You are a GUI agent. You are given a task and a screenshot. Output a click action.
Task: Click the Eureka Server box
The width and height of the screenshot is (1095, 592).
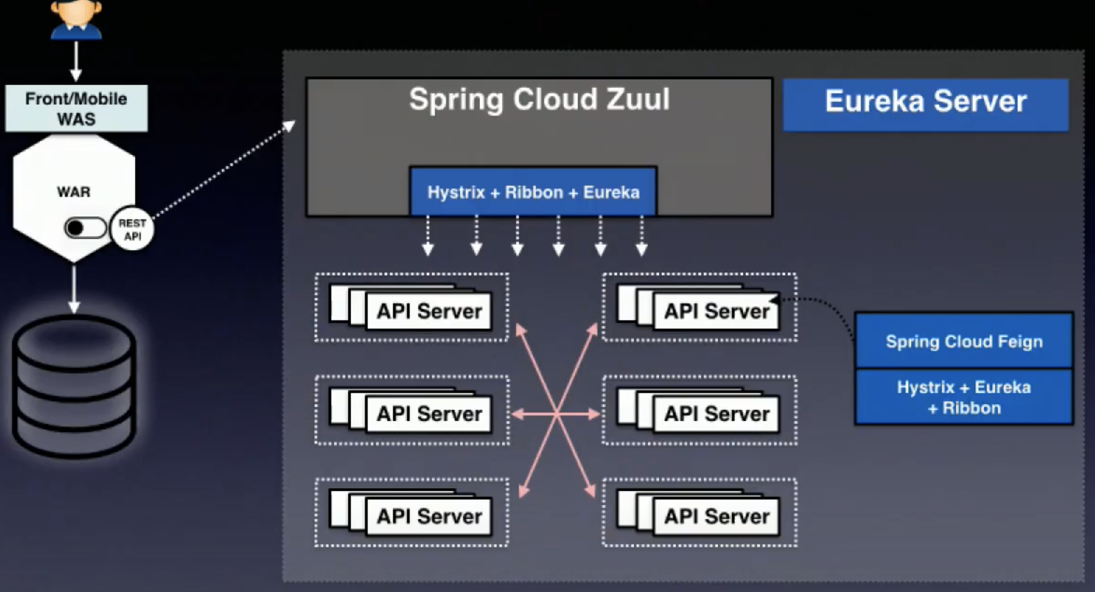(x=925, y=104)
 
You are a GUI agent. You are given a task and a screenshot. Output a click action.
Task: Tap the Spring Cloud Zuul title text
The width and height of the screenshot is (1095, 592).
(x=539, y=99)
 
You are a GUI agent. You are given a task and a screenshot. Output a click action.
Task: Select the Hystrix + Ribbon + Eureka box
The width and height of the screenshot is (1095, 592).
(x=533, y=192)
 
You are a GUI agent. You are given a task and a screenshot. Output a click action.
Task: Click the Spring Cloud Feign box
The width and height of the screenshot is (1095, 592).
(x=964, y=341)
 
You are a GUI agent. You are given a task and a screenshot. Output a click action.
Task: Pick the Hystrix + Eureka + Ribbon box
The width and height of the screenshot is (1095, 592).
(x=964, y=397)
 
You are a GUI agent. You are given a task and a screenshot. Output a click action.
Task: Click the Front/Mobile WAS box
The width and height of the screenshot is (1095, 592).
(x=76, y=108)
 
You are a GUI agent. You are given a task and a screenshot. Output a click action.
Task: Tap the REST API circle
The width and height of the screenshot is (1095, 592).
(x=132, y=229)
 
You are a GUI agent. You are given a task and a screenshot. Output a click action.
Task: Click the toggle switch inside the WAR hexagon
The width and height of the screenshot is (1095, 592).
(x=85, y=228)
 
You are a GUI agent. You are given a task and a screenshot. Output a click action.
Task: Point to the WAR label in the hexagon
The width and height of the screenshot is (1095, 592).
(x=74, y=192)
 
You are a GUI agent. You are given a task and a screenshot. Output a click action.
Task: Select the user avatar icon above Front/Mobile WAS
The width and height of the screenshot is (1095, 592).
(x=76, y=19)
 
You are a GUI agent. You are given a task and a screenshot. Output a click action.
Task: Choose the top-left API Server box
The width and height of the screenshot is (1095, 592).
(x=429, y=311)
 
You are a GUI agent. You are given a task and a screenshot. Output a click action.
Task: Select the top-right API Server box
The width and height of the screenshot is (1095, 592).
(x=716, y=311)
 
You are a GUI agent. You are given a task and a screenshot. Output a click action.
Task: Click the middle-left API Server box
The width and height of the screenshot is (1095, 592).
(x=429, y=414)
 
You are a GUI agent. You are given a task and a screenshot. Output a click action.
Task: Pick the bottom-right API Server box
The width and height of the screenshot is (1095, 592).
(x=716, y=517)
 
